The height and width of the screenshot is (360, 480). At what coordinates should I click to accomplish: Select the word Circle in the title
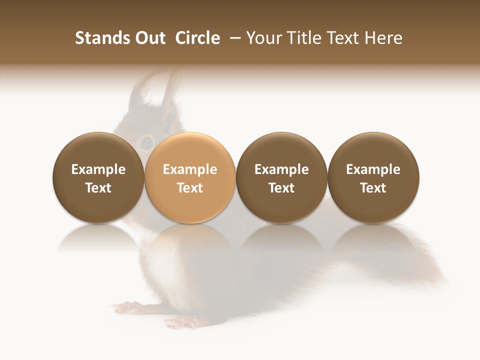coord(197,38)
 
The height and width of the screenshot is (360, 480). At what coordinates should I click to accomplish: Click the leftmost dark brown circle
coord(98,178)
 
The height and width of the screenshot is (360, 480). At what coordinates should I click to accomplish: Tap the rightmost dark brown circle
coord(373,178)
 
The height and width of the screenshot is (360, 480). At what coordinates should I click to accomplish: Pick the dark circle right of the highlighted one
coord(281,178)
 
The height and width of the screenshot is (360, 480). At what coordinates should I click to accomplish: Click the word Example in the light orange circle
coord(190,170)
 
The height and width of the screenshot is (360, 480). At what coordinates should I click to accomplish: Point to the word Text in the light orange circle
coord(190,188)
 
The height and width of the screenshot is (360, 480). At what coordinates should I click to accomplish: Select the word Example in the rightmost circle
coord(373,170)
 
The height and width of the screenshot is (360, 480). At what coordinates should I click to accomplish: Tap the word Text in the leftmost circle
coord(98,188)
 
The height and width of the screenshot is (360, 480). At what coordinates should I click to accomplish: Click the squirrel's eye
coord(145,142)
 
